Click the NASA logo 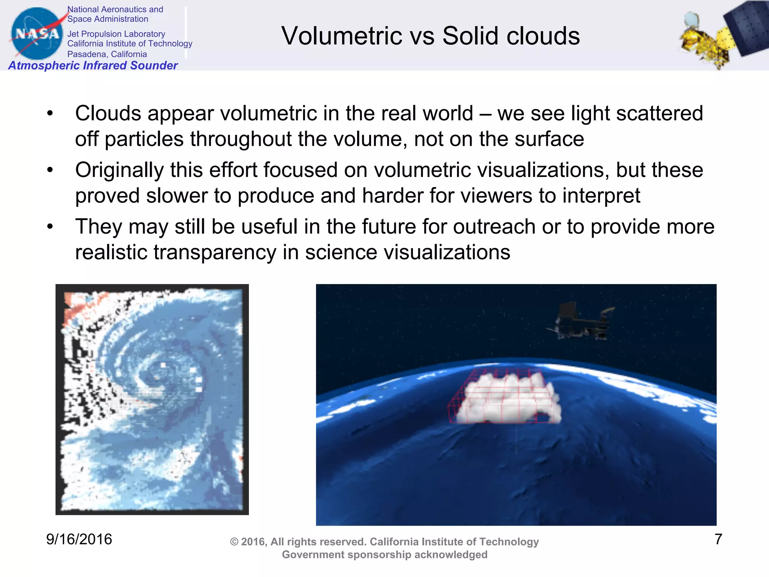(37, 34)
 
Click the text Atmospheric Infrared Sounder (93, 65)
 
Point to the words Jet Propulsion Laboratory (116, 34)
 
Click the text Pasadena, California (107, 54)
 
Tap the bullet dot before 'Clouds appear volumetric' (50, 113)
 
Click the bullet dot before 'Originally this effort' (50, 170)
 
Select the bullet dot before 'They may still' (50, 227)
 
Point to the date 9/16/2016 (79, 539)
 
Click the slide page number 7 (718, 539)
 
